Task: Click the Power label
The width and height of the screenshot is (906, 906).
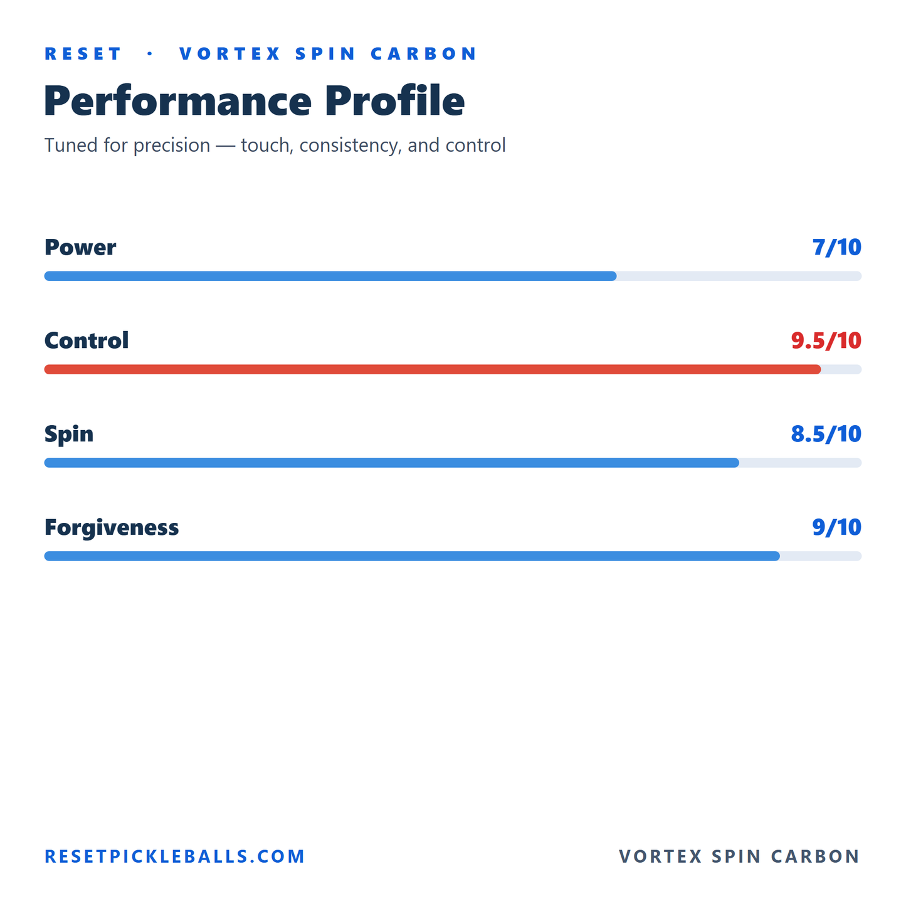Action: coord(80,247)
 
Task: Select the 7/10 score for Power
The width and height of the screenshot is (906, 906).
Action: coord(836,247)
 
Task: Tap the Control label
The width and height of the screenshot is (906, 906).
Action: coord(86,340)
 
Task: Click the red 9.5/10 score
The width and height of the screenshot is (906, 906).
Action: coord(826,340)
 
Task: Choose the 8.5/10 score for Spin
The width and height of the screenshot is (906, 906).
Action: coord(826,433)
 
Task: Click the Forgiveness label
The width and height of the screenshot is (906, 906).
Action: coord(112,527)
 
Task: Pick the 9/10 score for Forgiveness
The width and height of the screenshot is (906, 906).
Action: coord(836,527)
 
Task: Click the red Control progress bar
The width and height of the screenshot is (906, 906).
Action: coord(432,369)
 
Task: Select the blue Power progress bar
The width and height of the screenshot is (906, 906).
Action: coord(330,276)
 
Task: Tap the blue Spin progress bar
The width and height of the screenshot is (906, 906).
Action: coord(391,463)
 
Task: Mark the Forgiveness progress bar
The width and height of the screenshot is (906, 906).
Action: coord(412,556)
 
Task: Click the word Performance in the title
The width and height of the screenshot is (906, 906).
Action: coord(177,100)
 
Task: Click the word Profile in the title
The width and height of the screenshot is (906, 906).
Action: coord(395,100)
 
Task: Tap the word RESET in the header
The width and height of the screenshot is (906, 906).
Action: coord(83,53)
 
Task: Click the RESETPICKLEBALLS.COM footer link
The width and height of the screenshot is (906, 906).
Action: coord(174,856)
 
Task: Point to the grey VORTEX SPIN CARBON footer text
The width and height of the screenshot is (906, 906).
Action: coord(739,856)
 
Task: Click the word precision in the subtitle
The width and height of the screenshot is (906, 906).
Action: coord(172,145)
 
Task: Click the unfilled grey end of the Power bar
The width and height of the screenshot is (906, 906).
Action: coord(739,276)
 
